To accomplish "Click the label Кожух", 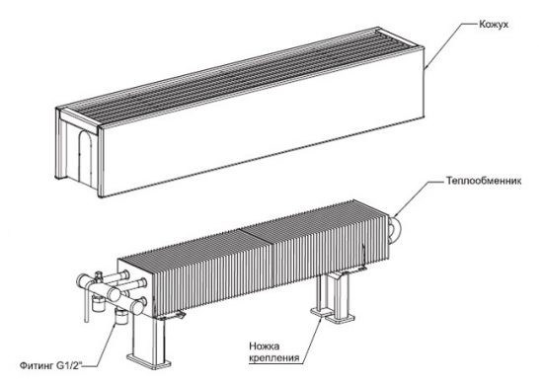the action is coord(494,25).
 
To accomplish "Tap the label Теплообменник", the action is coord(484,181).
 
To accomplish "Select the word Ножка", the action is coord(265,347).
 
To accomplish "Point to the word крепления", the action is coord(273,357).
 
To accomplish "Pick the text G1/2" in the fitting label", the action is coord(68,365).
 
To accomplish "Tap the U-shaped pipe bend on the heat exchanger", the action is coord(396,229).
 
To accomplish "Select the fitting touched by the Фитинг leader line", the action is coord(120,317).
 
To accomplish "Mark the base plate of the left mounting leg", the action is coord(149,360).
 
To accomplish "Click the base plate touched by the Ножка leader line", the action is coord(333,314).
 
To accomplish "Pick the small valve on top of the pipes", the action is coord(99,275).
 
